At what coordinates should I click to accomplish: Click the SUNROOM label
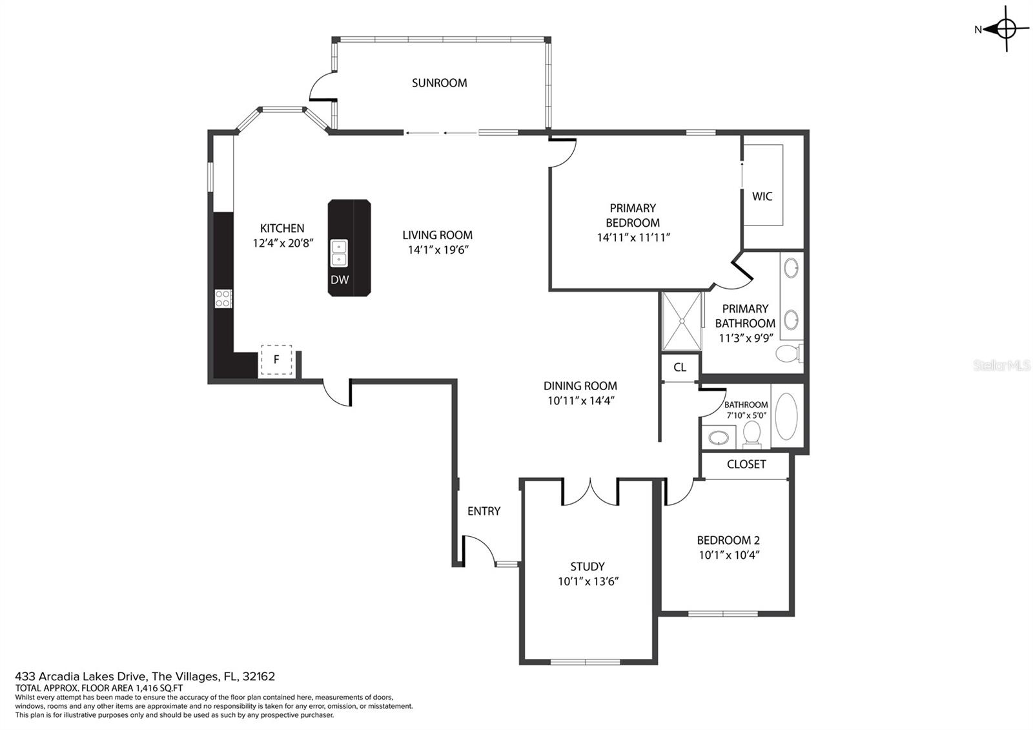(439, 83)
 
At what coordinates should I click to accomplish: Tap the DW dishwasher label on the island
(340, 279)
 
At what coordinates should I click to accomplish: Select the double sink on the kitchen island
(339, 253)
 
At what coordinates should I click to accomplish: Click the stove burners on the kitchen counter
(223, 298)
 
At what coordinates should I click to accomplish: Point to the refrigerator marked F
(276, 359)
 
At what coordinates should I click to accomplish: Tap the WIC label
(762, 196)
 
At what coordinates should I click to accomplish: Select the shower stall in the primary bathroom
(682, 320)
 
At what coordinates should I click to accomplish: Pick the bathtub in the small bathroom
(786, 416)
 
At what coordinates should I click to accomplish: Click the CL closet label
(680, 368)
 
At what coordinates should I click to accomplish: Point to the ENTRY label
(484, 511)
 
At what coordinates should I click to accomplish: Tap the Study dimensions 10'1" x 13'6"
(588, 581)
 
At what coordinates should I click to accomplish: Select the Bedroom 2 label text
(728, 540)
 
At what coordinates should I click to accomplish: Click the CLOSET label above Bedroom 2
(746, 464)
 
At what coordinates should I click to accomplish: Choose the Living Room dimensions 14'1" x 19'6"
(438, 249)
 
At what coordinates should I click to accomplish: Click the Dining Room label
(580, 386)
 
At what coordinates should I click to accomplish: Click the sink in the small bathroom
(718, 437)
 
